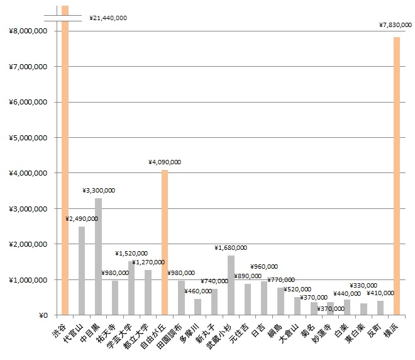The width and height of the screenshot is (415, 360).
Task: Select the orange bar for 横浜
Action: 397,176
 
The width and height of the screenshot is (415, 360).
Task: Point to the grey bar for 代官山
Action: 82,271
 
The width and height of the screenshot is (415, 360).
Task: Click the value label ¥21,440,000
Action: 108,18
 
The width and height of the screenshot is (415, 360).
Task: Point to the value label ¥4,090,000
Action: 165,162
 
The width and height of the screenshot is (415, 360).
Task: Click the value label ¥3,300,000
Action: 99,190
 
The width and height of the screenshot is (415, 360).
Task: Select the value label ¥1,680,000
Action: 231,248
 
